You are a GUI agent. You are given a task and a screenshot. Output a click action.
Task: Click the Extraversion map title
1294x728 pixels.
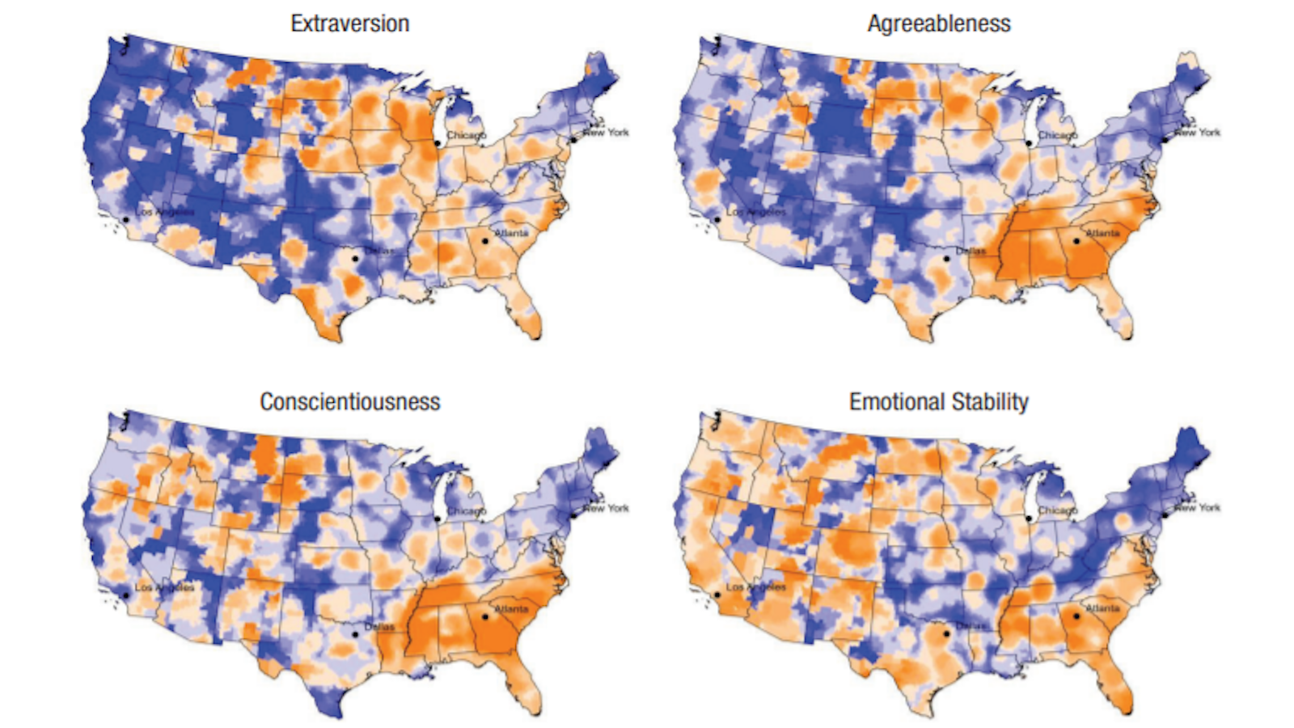(x=349, y=23)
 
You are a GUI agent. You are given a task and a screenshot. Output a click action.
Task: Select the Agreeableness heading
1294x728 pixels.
(x=938, y=23)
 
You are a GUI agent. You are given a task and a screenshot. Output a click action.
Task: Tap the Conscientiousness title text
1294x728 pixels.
(x=349, y=402)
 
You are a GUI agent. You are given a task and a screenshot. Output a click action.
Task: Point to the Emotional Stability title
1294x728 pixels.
(x=938, y=402)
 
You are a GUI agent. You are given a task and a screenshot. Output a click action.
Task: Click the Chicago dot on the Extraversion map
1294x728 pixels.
(x=437, y=142)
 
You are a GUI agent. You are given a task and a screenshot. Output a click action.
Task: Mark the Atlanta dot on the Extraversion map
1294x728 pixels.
(x=485, y=240)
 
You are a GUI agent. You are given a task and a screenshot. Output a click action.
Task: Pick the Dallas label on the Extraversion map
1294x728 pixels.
(x=379, y=251)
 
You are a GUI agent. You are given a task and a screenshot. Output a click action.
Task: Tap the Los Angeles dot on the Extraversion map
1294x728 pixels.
(x=125, y=219)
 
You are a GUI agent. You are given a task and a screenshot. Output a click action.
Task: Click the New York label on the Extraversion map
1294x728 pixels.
(x=607, y=132)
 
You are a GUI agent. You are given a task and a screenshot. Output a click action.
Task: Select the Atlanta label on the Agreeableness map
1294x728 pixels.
(x=1102, y=233)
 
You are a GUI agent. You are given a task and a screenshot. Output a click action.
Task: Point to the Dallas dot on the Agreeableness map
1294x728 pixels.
(x=946, y=259)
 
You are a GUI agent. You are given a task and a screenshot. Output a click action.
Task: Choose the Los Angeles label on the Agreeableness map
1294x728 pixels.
(x=755, y=212)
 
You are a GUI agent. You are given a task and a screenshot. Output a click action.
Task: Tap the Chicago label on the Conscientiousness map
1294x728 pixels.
(x=467, y=511)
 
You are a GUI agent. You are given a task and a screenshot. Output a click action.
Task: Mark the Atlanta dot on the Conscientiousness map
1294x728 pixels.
(x=485, y=616)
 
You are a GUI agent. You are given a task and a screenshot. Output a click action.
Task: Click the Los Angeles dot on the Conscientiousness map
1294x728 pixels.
(x=125, y=595)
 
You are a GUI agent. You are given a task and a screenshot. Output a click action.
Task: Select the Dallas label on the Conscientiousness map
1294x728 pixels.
(x=379, y=627)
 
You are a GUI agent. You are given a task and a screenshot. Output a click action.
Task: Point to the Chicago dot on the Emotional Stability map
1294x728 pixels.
(x=1028, y=518)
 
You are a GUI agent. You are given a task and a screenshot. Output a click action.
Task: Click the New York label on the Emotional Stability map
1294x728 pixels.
(x=1197, y=507)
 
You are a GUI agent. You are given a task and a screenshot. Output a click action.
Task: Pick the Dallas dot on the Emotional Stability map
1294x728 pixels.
(x=946, y=633)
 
